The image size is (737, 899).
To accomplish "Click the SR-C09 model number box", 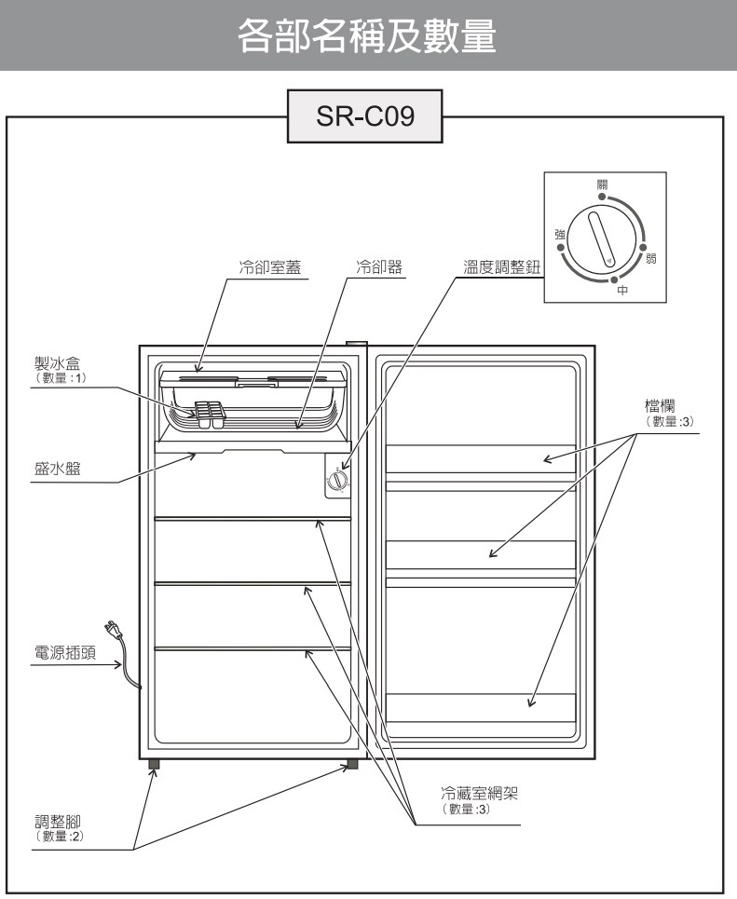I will click(363, 116).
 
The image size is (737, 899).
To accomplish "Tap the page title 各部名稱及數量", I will click(368, 36).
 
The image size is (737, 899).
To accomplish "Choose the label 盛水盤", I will click(52, 470).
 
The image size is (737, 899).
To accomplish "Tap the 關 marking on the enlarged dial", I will click(603, 185).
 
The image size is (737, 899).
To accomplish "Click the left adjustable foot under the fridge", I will click(154, 765).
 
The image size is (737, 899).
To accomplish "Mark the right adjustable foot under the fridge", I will click(352, 765).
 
